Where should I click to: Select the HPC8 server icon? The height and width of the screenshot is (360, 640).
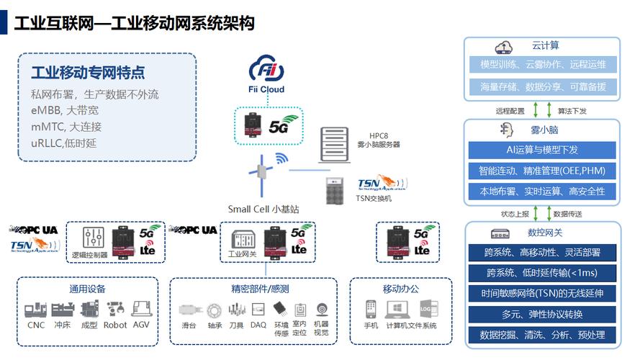point(331,143)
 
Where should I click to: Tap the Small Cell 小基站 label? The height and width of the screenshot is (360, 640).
point(263,209)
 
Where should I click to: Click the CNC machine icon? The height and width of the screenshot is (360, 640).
point(35,309)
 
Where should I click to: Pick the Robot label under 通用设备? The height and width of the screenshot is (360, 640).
point(115,325)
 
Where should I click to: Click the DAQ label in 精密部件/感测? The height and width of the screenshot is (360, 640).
point(258,325)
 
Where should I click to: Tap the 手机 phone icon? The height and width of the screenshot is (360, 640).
point(371,309)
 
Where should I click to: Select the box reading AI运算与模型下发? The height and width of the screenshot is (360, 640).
point(541,150)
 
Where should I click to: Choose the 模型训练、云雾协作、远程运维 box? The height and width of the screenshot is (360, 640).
point(541,65)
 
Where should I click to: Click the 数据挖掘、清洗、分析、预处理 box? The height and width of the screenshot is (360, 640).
point(541,335)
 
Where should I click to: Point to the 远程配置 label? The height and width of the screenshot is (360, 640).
point(510,111)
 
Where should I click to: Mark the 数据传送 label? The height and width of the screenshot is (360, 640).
point(568,214)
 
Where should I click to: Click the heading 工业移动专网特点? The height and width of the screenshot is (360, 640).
point(88,73)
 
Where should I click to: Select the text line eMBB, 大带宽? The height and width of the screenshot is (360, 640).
point(65,111)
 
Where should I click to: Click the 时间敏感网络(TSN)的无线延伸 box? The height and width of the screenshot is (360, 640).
point(541,294)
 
